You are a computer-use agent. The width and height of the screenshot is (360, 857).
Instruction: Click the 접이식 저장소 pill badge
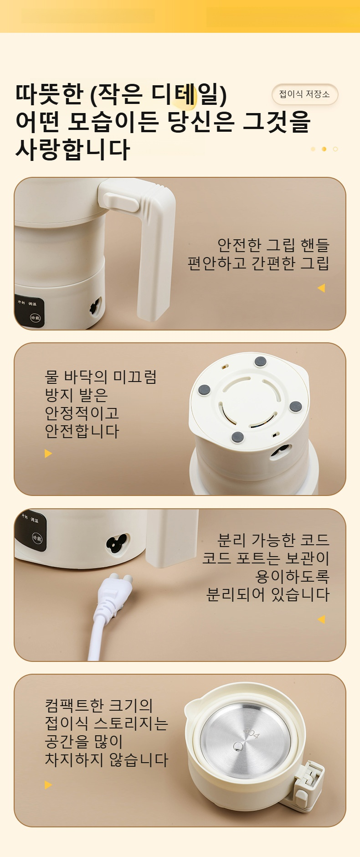click(x=305, y=94)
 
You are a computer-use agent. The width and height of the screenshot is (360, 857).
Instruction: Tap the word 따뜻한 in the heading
click(x=50, y=94)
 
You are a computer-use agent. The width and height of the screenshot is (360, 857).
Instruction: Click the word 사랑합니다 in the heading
click(x=73, y=150)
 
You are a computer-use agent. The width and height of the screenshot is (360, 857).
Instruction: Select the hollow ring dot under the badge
click(x=335, y=149)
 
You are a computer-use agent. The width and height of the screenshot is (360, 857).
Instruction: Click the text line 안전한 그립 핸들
click(x=273, y=245)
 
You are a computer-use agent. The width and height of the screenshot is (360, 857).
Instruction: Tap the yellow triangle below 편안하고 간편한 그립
click(x=321, y=288)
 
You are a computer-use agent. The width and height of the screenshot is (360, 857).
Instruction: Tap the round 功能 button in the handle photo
click(x=35, y=317)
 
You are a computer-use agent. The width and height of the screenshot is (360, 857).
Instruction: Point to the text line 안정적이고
click(x=82, y=413)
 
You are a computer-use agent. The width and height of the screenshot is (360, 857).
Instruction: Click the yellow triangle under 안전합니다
click(x=48, y=454)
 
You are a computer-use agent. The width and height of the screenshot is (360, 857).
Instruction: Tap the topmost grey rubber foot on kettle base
click(x=260, y=361)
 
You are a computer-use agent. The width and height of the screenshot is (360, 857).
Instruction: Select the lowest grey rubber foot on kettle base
click(x=237, y=437)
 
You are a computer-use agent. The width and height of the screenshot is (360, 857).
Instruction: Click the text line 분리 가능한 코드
click(x=273, y=540)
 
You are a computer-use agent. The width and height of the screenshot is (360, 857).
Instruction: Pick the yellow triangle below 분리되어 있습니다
click(x=321, y=619)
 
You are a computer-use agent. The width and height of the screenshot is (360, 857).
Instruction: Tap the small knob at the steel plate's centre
click(x=237, y=746)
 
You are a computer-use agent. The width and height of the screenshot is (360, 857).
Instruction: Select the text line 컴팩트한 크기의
click(x=99, y=706)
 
